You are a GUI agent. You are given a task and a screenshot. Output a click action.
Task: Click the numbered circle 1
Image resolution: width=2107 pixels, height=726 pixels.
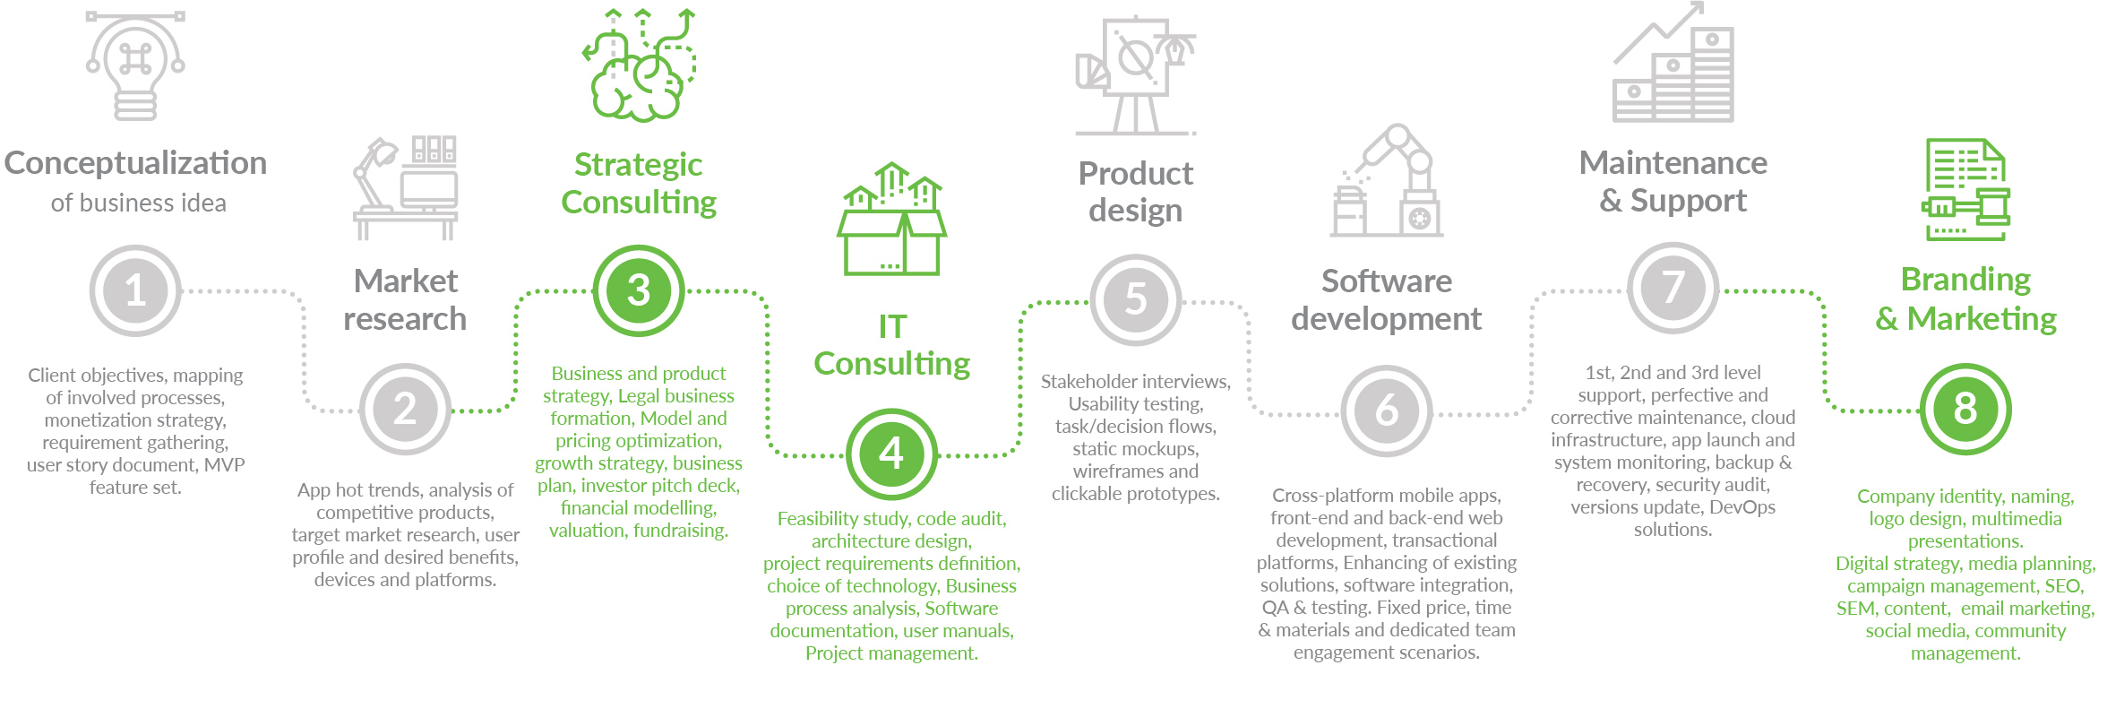[x=135, y=290]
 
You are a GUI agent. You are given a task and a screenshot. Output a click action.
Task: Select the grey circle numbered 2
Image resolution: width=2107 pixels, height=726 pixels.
[x=405, y=409]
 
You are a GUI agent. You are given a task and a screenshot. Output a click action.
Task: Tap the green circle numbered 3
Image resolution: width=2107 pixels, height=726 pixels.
[x=639, y=290]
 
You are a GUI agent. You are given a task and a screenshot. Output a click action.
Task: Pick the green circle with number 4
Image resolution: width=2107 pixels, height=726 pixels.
[x=891, y=454]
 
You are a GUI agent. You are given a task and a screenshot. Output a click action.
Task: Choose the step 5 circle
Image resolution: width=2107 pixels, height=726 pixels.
[x=1135, y=299]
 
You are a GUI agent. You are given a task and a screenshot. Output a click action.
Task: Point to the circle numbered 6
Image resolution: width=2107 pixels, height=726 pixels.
[x=1386, y=411]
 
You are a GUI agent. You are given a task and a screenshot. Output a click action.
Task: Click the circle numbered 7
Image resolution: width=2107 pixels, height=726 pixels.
[x=1673, y=289]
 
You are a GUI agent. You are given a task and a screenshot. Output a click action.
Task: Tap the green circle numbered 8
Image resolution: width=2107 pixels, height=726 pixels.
[x=1965, y=409]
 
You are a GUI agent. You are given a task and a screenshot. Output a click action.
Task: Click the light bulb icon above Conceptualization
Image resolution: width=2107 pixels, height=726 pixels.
[x=135, y=65]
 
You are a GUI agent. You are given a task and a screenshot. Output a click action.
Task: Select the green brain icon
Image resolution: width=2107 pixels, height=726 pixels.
[x=640, y=65]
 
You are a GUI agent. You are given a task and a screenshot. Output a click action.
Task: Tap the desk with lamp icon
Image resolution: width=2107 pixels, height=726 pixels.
[x=405, y=188]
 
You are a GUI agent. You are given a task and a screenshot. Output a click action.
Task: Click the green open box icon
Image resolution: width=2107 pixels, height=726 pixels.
[x=891, y=219]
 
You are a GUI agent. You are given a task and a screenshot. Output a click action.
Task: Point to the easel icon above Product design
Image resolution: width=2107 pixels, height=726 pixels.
[x=1135, y=75]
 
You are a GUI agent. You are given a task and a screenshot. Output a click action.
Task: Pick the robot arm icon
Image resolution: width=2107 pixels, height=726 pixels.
[x=1386, y=180]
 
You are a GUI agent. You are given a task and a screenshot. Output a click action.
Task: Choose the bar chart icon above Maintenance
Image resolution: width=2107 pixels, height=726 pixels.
[x=1673, y=63]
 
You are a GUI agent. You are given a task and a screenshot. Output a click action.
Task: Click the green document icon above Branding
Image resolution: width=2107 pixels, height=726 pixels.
[x=1965, y=189]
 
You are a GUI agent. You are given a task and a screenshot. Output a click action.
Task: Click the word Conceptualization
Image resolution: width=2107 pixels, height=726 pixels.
[x=135, y=163]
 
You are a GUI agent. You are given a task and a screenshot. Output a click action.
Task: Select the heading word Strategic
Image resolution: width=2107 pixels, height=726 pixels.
[x=638, y=165]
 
